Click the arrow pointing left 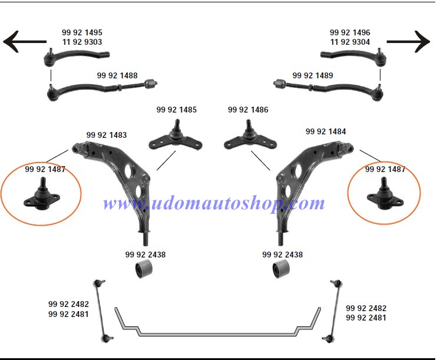(25, 42)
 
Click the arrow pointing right (408, 42)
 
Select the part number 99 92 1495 (82, 32)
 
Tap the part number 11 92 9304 (350, 42)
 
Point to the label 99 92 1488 (117, 75)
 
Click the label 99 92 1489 (313, 75)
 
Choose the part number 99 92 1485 (177, 110)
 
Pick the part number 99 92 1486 (248, 110)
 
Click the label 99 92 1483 (107, 135)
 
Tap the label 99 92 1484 (326, 131)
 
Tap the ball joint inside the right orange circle (385, 195)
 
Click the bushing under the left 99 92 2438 (144, 269)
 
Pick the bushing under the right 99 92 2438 (281, 269)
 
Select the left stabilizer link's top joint (99, 283)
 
